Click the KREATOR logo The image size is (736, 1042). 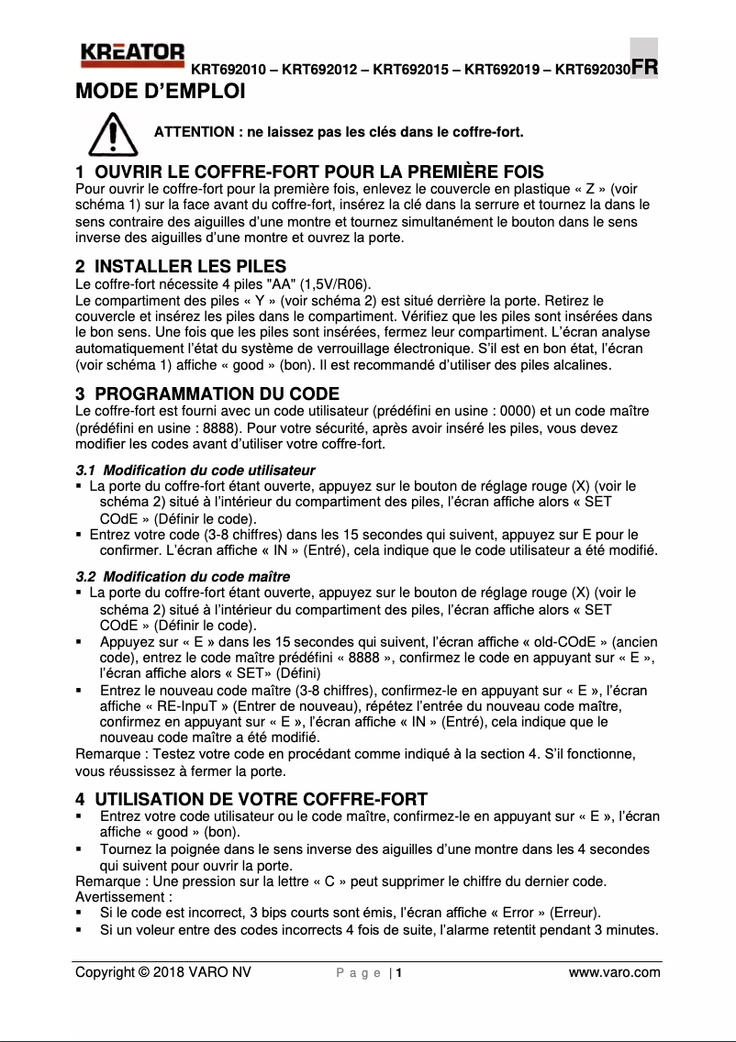pyautogui.click(x=132, y=55)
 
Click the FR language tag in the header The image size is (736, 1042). pyautogui.click(x=644, y=68)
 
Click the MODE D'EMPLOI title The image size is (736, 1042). pyautogui.click(x=160, y=92)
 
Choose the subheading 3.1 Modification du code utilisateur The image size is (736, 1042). pyautogui.click(x=195, y=470)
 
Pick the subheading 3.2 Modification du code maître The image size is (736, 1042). pyautogui.click(x=183, y=577)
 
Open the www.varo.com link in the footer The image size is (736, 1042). pyautogui.click(x=614, y=972)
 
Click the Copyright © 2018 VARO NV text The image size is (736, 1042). pyautogui.click(x=162, y=972)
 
